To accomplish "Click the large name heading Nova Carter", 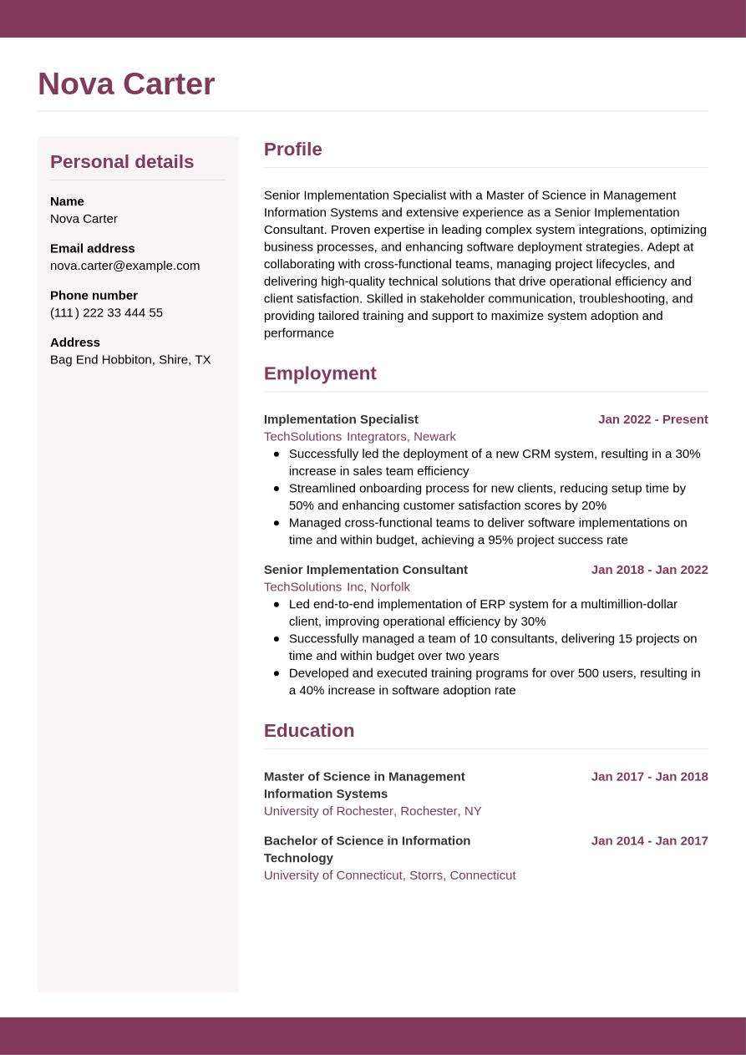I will click(126, 84).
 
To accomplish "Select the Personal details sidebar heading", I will click(122, 162).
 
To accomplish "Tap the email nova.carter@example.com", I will click(125, 266).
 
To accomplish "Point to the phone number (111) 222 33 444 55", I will click(106, 312).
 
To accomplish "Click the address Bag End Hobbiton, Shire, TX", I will click(130, 359).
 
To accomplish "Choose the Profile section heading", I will click(293, 150).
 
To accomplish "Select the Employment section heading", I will click(320, 373).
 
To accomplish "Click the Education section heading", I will click(309, 731).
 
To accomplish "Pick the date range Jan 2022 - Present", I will click(652, 419).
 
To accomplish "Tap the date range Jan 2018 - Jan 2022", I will click(649, 570).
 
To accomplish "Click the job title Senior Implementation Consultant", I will click(366, 570).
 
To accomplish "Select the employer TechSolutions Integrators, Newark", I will click(360, 436).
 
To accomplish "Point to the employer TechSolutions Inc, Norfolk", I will click(337, 586).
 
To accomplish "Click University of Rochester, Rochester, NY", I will click(373, 811).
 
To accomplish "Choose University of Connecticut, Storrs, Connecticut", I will click(389, 875).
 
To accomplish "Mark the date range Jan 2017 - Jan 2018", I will click(649, 777).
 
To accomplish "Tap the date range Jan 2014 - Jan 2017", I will click(649, 841).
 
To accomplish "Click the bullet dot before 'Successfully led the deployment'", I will click(277, 454).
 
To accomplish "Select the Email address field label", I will click(92, 248).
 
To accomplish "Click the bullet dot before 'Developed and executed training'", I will click(277, 673).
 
